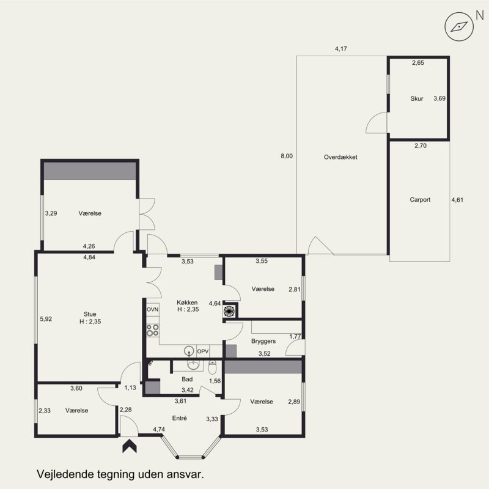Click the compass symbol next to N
click(x=459, y=27)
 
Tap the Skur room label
click(x=417, y=98)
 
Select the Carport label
click(x=420, y=200)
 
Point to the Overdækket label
click(x=340, y=157)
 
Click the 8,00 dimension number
click(x=287, y=156)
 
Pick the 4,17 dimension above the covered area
click(x=341, y=49)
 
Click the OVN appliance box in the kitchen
click(x=152, y=310)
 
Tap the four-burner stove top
click(x=152, y=330)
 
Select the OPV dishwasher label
click(x=203, y=351)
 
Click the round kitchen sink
click(x=189, y=351)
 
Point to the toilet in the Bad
click(x=212, y=367)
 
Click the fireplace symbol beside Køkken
click(x=229, y=311)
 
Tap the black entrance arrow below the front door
click(x=130, y=446)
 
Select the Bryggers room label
click(x=263, y=341)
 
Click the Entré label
click(x=179, y=418)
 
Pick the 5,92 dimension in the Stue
click(x=46, y=319)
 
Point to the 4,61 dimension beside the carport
click(x=457, y=200)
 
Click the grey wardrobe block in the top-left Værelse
click(x=90, y=171)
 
